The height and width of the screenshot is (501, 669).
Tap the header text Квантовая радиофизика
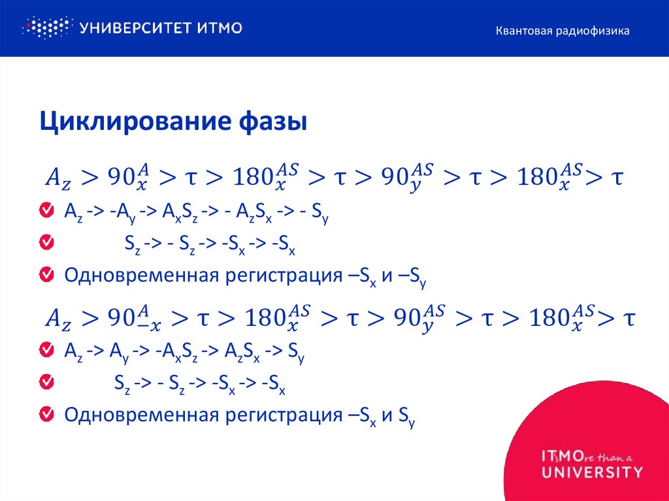click(x=562, y=31)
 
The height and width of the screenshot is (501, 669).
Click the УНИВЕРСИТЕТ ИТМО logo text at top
click(x=161, y=27)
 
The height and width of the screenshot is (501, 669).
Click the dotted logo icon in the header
click(x=46, y=27)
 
